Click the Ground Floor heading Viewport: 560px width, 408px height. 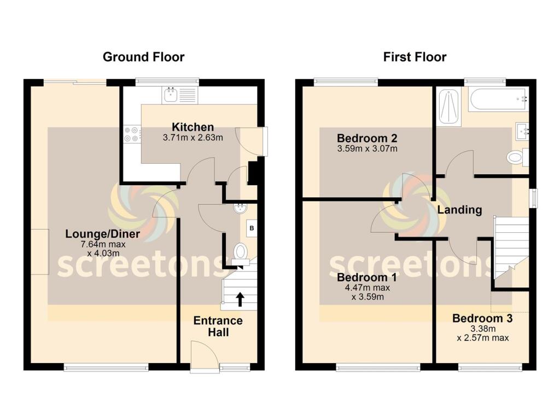[143, 57]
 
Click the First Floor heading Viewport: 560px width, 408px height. [415, 57]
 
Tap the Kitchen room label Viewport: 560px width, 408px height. [193, 127]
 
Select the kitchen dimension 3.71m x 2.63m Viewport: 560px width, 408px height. [193, 138]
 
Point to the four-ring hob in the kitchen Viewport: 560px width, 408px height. [132, 135]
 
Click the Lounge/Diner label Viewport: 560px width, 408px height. [103, 234]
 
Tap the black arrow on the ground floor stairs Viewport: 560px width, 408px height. [240, 298]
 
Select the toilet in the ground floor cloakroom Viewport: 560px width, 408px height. [241, 251]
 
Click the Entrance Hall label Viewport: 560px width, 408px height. [218, 326]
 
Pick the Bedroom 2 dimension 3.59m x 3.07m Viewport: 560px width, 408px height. [366, 148]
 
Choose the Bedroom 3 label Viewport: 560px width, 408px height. [482, 318]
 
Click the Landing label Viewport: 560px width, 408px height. [459, 210]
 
